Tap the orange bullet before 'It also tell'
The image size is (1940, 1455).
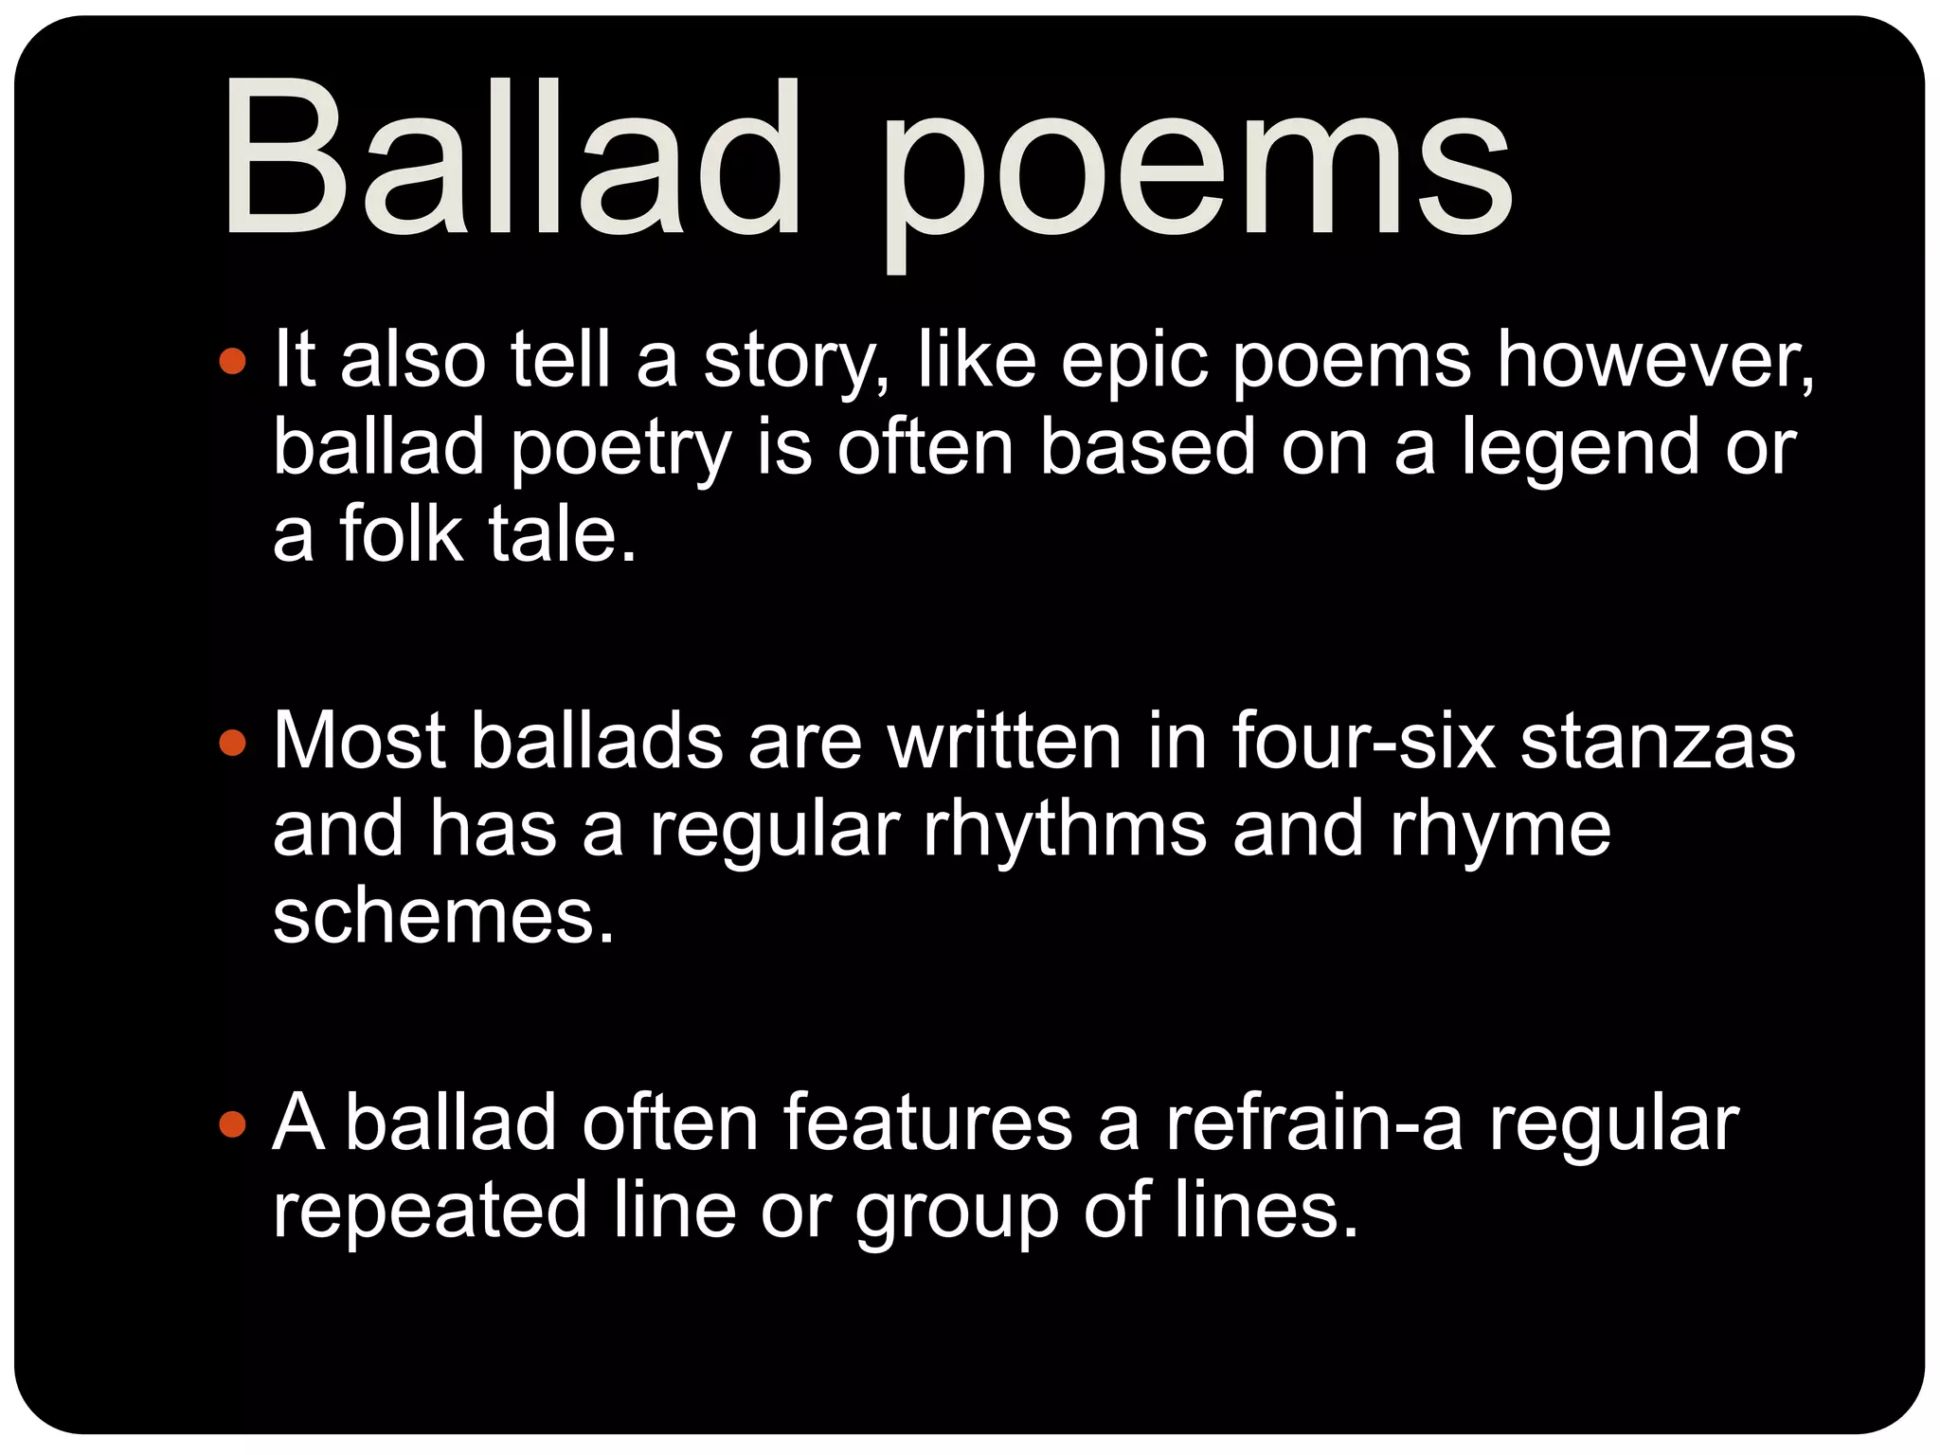coord(232,361)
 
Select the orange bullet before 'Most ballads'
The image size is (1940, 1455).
coord(232,743)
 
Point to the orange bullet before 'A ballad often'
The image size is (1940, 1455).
coord(232,1124)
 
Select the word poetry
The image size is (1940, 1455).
coord(620,450)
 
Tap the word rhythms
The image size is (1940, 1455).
coord(1065,829)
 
